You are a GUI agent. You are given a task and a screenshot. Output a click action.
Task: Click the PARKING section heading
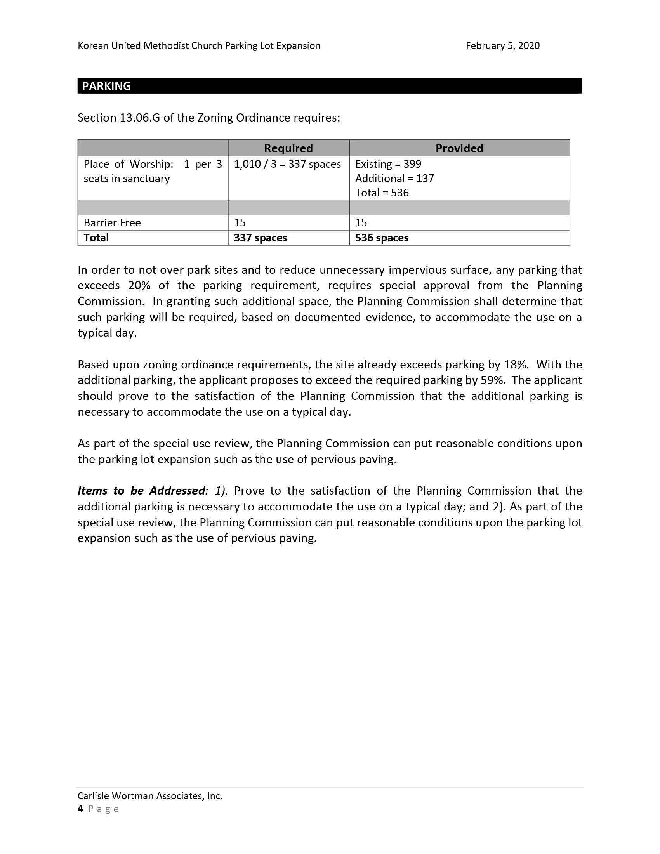click(106, 86)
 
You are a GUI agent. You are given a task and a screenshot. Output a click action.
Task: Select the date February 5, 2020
click(502, 46)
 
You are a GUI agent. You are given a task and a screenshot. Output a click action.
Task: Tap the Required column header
click(288, 148)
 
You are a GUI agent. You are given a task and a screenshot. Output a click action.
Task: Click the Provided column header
click(459, 148)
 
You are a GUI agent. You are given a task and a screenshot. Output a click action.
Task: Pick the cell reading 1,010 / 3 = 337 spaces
click(287, 164)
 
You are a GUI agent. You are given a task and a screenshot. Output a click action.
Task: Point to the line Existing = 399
click(388, 164)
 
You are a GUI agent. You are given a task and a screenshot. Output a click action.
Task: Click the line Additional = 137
click(394, 178)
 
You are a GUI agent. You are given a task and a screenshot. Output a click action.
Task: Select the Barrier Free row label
click(112, 222)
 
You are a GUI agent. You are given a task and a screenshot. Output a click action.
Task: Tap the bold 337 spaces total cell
click(261, 238)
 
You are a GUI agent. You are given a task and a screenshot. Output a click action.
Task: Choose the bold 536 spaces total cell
click(382, 238)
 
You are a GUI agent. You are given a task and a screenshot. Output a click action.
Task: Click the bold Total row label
click(96, 238)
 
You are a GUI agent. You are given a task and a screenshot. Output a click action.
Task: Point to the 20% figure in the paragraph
click(139, 285)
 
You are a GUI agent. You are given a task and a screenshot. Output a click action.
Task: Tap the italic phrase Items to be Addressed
click(143, 491)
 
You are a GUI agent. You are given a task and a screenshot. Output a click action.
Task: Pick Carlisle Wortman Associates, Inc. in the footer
click(150, 796)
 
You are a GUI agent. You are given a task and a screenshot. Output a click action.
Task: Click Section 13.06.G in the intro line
click(119, 118)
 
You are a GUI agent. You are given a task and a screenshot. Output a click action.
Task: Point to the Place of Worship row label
click(129, 164)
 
